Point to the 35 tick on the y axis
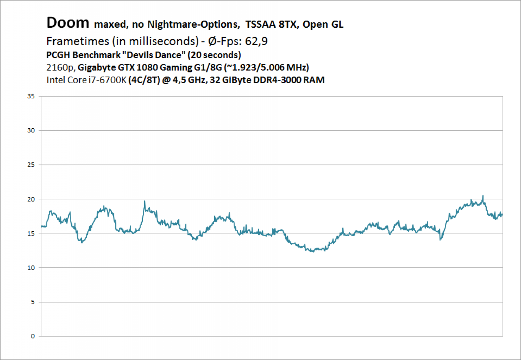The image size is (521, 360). [x=31, y=96]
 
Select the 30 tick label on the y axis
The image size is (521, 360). [x=31, y=130]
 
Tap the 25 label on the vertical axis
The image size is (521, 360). [x=31, y=165]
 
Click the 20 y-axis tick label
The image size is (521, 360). [x=31, y=199]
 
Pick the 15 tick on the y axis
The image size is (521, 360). [x=31, y=233]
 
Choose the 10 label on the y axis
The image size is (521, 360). [x=31, y=268]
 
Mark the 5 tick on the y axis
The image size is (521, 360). [x=33, y=302]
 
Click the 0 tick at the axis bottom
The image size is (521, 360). [x=33, y=336]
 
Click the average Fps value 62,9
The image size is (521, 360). [x=256, y=42]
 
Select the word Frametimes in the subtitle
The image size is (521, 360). [x=78, y=41]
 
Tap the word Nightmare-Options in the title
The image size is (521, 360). [x=193, y=24]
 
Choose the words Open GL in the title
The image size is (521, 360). [x=323, y=24]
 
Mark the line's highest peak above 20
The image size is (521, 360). [x=483, y=196]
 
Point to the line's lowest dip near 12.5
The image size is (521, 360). [x=313, y=252]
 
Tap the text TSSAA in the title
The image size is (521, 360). [x=260, y=24]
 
